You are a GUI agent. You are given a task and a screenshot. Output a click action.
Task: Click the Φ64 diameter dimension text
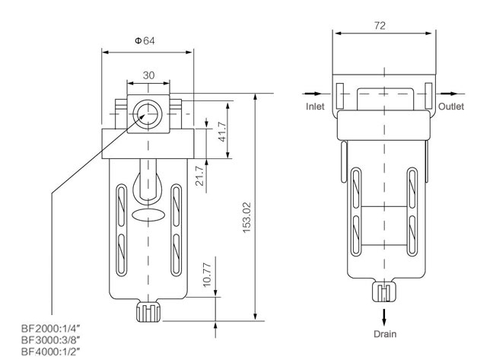pos(145,41)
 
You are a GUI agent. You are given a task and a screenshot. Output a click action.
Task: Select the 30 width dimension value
pos(148,75)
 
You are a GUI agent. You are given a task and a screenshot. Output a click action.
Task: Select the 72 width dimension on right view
pos(380,25)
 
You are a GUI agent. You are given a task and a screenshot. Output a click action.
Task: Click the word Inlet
pos(315,107)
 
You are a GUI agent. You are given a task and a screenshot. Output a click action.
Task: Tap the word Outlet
pos(451,107)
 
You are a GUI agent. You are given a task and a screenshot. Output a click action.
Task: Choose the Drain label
pos(384,333)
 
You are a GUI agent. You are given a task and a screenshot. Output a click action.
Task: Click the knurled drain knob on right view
pos(384,292)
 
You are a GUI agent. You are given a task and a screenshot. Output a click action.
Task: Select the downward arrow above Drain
pos(384,315)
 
